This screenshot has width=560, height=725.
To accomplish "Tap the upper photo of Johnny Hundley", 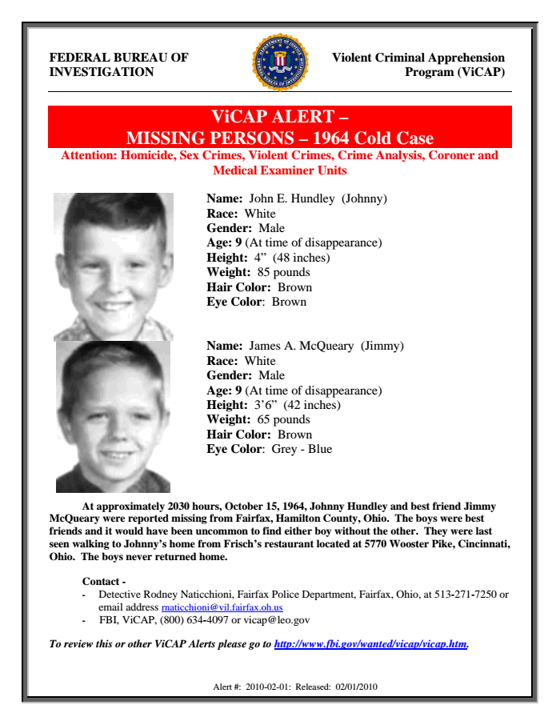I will pyautogui.click(x=114, y=266).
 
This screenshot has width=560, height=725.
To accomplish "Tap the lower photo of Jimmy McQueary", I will pyautogui.click(x=113, y=416).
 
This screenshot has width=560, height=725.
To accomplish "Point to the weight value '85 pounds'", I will pyautogui.click(x=280, y=272).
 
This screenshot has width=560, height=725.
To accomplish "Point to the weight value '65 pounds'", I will pyautogui.click(x=280, y=419).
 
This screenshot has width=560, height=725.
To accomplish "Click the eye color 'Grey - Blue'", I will pyautogui.click(x=302, y=449).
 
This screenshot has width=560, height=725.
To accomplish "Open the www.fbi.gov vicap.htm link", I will pyautogui.click(x=370, y=643).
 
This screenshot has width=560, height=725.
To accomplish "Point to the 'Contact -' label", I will pyautogui.click(x=104, y=581).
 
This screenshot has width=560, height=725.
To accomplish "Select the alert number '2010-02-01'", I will pyautogui.click(x=264, y=687).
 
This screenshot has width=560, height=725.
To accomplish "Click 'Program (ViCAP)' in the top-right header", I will pyautogui.click(x=455, y=72).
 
